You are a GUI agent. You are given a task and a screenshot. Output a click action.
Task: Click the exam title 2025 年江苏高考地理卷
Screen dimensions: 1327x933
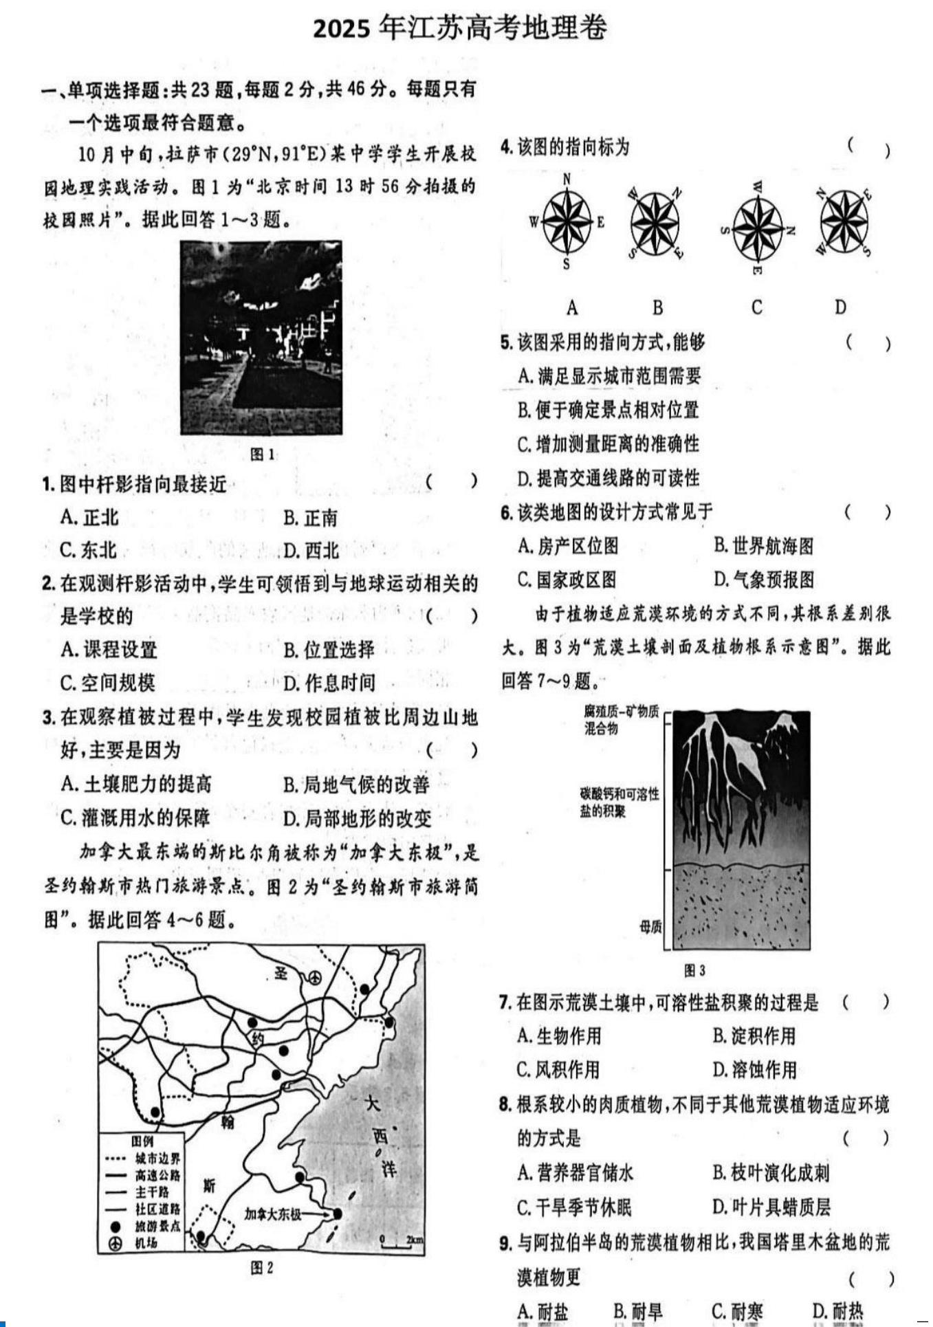pyautogui.click(x=460, y=28)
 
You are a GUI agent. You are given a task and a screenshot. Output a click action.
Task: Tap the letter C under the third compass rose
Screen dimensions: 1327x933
pyautogui.click(x=756, y=307)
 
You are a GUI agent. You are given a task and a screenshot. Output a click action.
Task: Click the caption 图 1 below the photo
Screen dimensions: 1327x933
pyautogui.click(x=262, y=454)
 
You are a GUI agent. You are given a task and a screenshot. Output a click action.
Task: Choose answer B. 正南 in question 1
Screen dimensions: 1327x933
pyautogui.click(x=310, y=518)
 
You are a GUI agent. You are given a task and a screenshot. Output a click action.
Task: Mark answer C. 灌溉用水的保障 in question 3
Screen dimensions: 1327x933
pyautogui.click(x=135, y=818)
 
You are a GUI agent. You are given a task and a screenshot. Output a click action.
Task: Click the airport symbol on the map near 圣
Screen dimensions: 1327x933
pyautogui.click(x=314, y=977)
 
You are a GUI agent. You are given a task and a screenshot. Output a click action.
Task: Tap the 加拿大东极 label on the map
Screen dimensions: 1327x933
pyautogui.click(x=273, y=1214)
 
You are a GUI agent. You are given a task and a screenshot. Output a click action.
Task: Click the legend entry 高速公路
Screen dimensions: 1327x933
pyautogui.click(x=157, y=1175)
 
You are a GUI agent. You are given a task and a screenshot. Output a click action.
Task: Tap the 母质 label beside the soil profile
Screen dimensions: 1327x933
pyautogui.click(x=650, y=927)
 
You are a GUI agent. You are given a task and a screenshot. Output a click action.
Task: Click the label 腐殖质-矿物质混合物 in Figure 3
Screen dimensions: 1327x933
pyautogui.click(x=621, y=720)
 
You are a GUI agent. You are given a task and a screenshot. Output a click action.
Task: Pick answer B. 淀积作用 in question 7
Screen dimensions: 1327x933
pyautogui.click(x=754, y=1035)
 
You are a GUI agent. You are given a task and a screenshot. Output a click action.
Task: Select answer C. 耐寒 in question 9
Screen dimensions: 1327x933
pyautogui.click(x=737, y=1311)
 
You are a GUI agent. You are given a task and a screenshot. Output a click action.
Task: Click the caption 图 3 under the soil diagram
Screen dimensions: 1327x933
pyautogui.click(x=694, y=970)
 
